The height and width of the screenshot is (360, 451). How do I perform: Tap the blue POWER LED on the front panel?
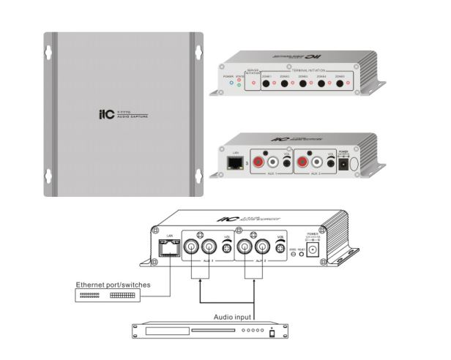(x=231, y=83)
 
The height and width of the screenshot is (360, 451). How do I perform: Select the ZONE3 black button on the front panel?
(x=302, y=84)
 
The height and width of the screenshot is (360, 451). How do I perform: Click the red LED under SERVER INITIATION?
(x=253, y=83)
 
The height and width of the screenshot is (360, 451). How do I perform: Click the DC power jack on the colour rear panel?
(x=343, y=166)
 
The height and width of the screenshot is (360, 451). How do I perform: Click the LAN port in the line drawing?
(x=165, y=250)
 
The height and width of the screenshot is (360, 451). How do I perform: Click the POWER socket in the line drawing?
(x=315, y=250)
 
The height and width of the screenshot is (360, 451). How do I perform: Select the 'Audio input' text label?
(x=234, y=317)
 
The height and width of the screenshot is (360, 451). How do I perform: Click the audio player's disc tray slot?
(x=165, y=331)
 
